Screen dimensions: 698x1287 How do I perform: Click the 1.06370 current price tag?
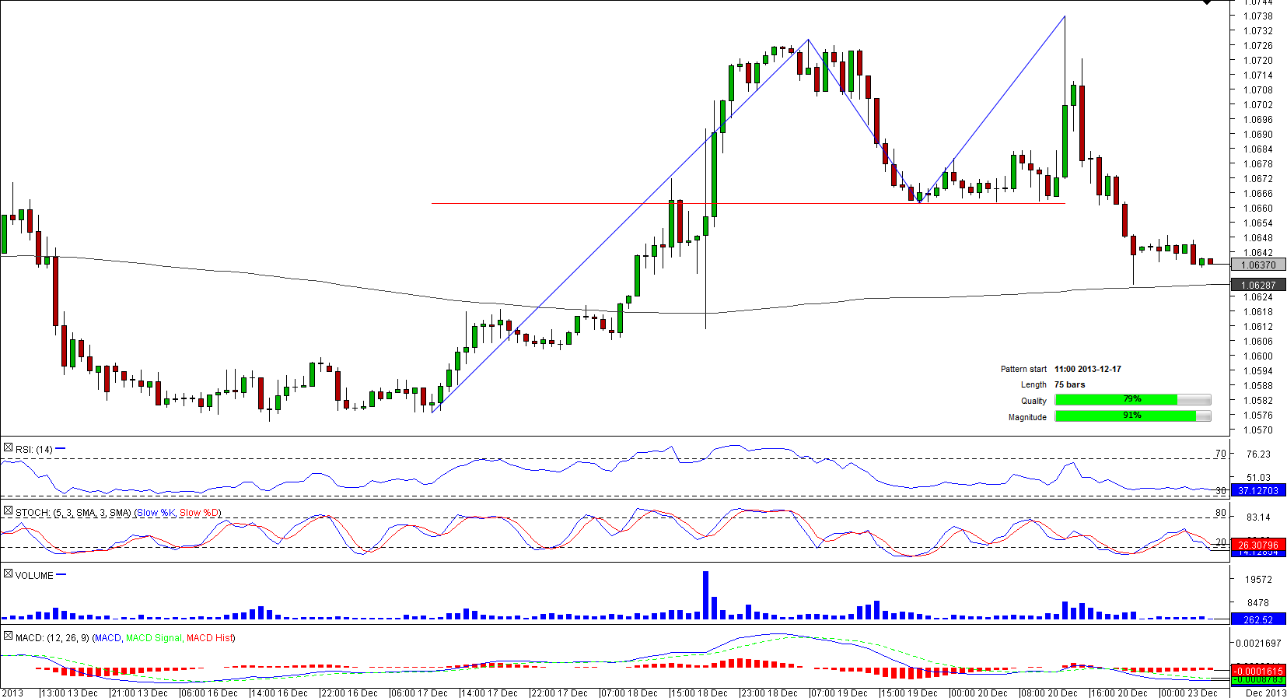pyautogui.click(x=1257, y=265)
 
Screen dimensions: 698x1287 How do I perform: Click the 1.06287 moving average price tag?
pyautogui.click(x=1257, y=286)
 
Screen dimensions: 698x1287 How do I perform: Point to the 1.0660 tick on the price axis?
pyautogui.click(x=1257, y=209)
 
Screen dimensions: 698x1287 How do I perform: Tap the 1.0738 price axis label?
pyautogui.click(x=1257, y=16)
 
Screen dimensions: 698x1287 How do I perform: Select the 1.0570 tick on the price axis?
pyautogui.click(x=1257, y=430)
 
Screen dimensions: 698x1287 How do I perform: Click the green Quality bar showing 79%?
pyautogui.click(x=1116, y=400)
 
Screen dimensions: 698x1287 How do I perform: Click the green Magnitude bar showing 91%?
pyautogui.click(x=1125, y=416)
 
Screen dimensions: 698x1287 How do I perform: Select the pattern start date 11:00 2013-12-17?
pyautogui.click(x=1087, y=369)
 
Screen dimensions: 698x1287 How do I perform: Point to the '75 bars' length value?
pyautogui.click(x=1069, y=384)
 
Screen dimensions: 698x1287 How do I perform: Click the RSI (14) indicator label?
pyautogui.click(x=33, y=449)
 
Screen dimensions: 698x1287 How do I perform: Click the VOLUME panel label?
pyautogui.click(x=34, y=576)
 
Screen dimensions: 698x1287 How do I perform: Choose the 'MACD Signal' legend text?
pyautogui.click(x=153, y=638)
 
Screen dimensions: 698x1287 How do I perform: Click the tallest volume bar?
pyautogui.click(x=705, y=595)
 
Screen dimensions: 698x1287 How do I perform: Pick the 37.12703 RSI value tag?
pyautogui.click(x=1257, y=491)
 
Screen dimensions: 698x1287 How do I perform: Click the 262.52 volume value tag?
pyautogui.click(x=1257, y=620)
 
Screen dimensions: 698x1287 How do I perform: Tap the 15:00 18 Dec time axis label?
pyautogui.click(x=700, y=693)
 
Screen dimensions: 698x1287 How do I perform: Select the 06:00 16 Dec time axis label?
pyautogui.click(x=210, y=693)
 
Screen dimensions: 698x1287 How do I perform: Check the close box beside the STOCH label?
pyautogui.click(x=8, y=511)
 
